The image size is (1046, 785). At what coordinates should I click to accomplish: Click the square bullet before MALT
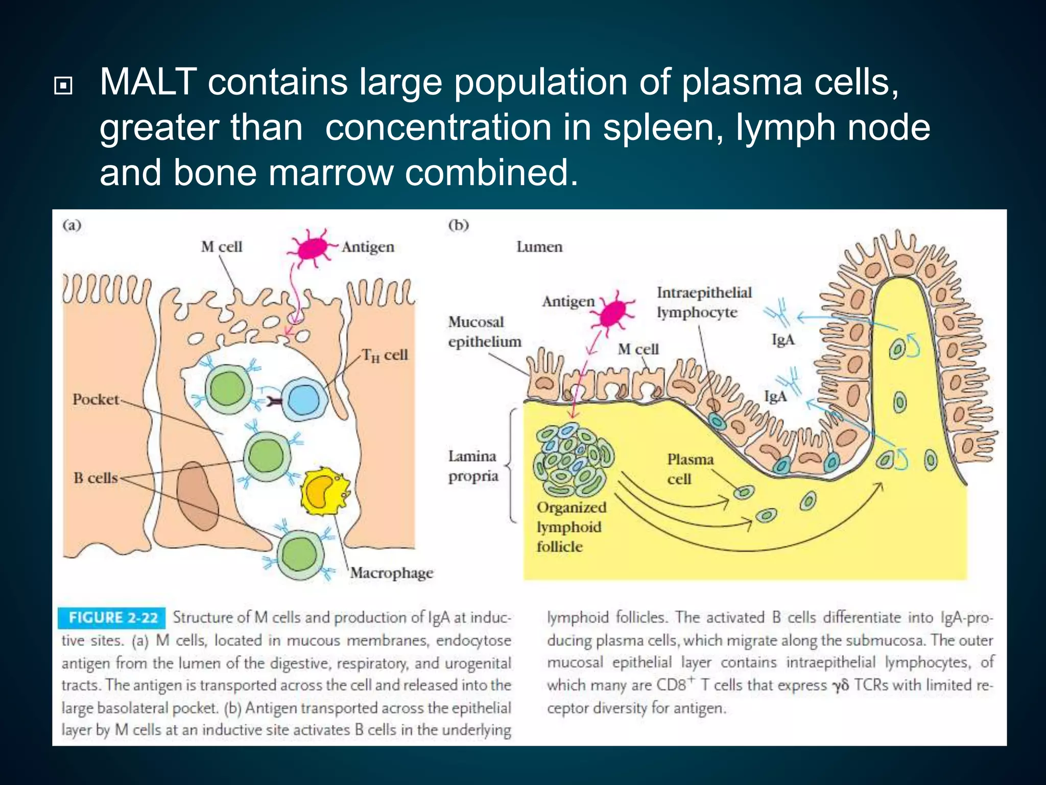(63, 86)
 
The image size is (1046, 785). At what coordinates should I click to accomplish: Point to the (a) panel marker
(72, 225)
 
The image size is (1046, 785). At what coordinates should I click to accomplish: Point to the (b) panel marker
(458, 225)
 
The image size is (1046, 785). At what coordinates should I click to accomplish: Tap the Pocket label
(96, 399)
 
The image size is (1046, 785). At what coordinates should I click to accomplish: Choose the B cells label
(96, 478)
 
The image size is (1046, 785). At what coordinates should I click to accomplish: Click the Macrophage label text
(392, 573)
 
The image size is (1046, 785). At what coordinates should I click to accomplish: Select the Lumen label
(539, 247)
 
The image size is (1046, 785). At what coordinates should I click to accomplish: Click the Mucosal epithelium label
(484, 332)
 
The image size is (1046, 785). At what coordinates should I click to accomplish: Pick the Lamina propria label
(473, 466)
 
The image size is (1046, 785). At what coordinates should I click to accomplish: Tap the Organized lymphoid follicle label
(571, 527)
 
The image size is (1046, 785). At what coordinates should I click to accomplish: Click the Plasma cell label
(690, 469)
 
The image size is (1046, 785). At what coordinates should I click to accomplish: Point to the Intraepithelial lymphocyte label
(704, 302)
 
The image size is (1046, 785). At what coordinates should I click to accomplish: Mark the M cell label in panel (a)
(221, 247)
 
